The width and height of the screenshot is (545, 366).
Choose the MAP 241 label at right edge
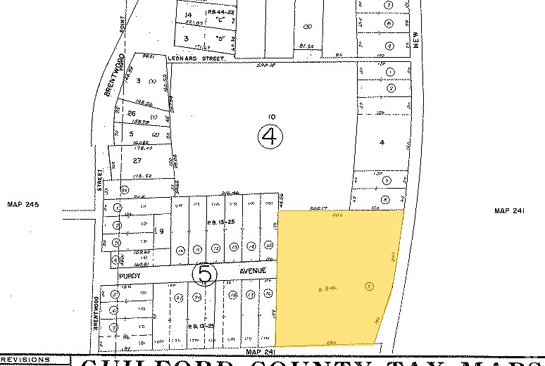(x=510, y=210)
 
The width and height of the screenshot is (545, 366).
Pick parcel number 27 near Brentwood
(x=128, y=160)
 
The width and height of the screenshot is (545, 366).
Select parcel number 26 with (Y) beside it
(x=130, y=113)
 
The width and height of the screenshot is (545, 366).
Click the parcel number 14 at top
(x=187, y=15)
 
